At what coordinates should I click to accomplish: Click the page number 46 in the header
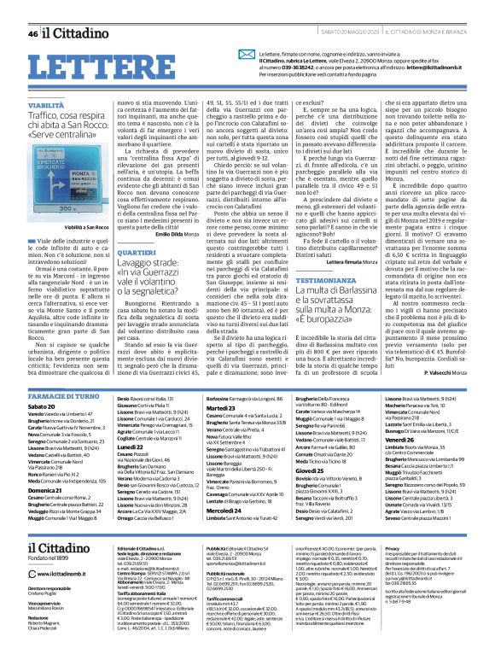(x=32, y=34)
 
